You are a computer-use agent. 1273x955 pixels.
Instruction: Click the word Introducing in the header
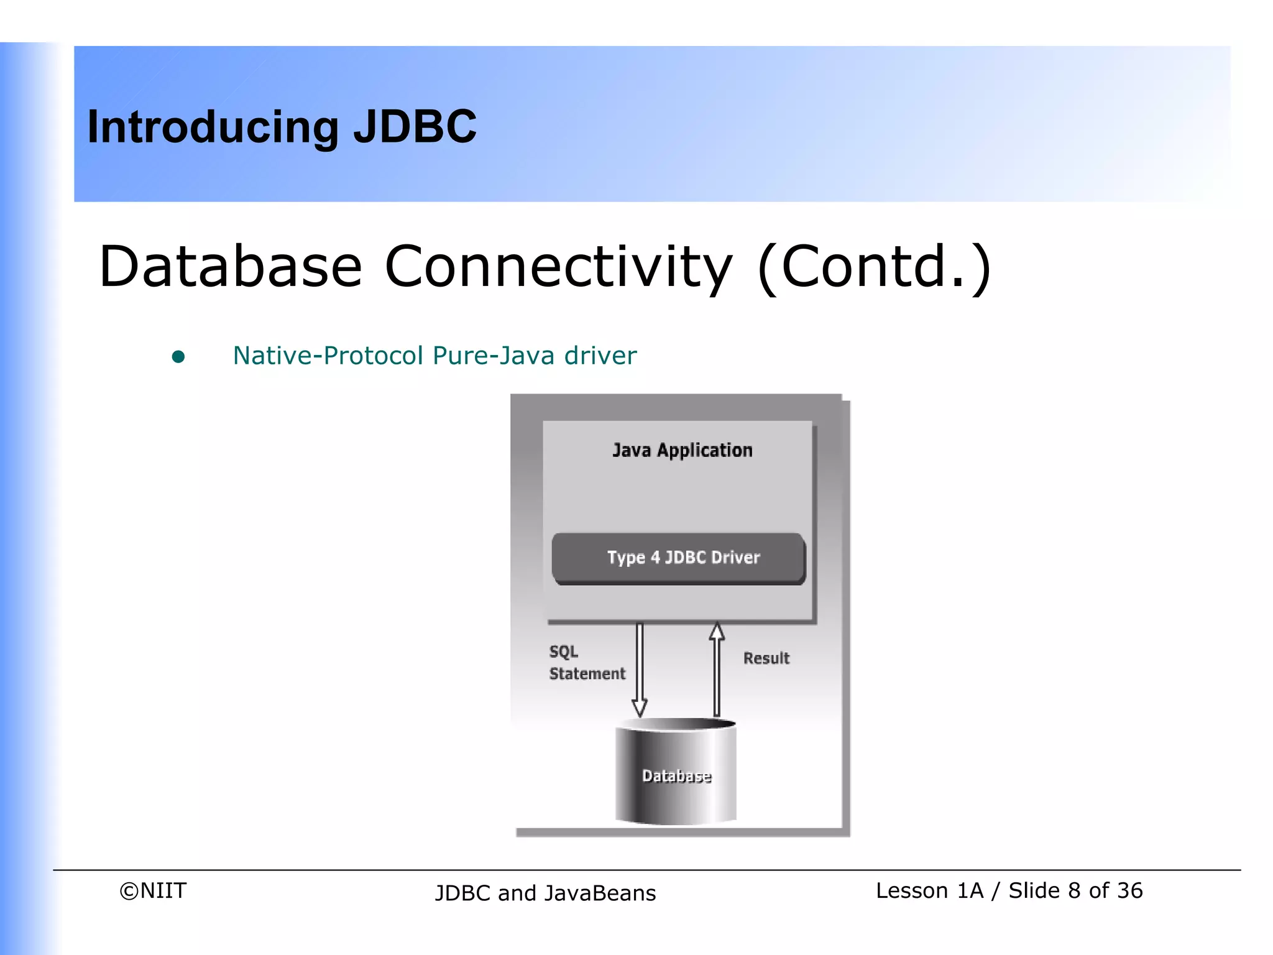coord(213,127)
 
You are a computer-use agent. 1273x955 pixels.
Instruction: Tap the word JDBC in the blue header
coord(415,127)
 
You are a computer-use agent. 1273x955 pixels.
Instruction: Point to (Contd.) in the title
coord(874,268)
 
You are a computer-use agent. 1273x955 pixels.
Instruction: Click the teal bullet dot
coord(178,356)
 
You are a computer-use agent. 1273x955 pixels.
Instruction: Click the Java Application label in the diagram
coord(682,450)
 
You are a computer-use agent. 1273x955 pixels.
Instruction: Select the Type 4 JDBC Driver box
coord(679,558)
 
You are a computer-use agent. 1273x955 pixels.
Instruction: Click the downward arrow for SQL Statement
coord(640,670)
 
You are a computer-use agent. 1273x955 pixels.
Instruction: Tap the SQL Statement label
coord(586,663)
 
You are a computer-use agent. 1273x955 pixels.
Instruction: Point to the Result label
coord(766,658)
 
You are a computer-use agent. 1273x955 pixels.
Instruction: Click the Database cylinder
coord(676,775)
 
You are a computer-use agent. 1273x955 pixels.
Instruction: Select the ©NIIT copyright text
coord(153,891)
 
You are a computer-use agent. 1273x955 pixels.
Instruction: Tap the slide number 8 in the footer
coord(1073,891)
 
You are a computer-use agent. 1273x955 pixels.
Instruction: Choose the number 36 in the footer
coord(1129,891)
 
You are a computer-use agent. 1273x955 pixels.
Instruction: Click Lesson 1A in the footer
coord(929,891)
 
